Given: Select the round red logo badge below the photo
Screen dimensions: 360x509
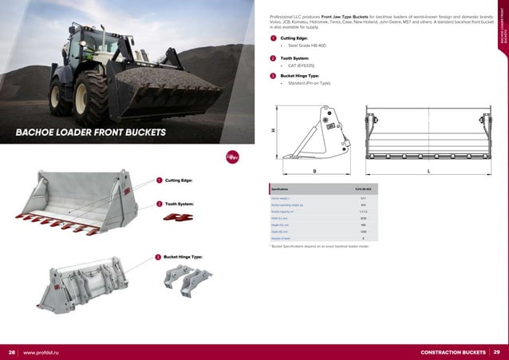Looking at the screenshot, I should tap(232, 156).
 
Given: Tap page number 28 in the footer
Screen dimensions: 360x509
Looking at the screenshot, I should tap(12, 352).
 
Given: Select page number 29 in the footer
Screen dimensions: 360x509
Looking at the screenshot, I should tap(497, 352).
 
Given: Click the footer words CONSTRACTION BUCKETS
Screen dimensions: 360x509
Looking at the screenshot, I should tap(452, 352).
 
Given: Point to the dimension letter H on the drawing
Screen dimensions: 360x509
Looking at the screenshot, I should tap(272, 131).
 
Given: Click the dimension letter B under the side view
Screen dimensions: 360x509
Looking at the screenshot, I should tap(314, 171).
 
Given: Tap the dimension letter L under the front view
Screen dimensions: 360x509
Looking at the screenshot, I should tap(429, 171).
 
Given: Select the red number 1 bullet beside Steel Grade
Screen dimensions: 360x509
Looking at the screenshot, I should tap(274, 38).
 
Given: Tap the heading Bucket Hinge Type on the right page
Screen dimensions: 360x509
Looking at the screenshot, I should tap(302, 76).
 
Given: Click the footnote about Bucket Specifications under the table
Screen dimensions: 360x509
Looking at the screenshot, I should tap(320, 247).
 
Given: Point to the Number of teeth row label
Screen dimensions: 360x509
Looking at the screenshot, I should tap(282, 238).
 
